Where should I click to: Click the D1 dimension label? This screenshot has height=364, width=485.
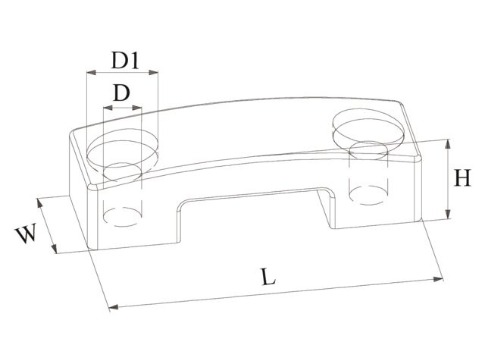tap(123, 59)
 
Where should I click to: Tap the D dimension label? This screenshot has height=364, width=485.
tap(120, 94)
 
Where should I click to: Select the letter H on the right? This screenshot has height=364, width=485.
tap(462, 180)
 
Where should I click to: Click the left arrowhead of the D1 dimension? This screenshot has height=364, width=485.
tap(89, 74)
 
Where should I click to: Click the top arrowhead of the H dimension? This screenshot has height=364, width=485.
tap(450, 142)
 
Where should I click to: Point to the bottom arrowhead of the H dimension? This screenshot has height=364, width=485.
tap(450, 217)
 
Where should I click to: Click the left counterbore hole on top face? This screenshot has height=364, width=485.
tap(124, 149)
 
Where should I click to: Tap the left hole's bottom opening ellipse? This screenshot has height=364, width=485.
tap(122, 216)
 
